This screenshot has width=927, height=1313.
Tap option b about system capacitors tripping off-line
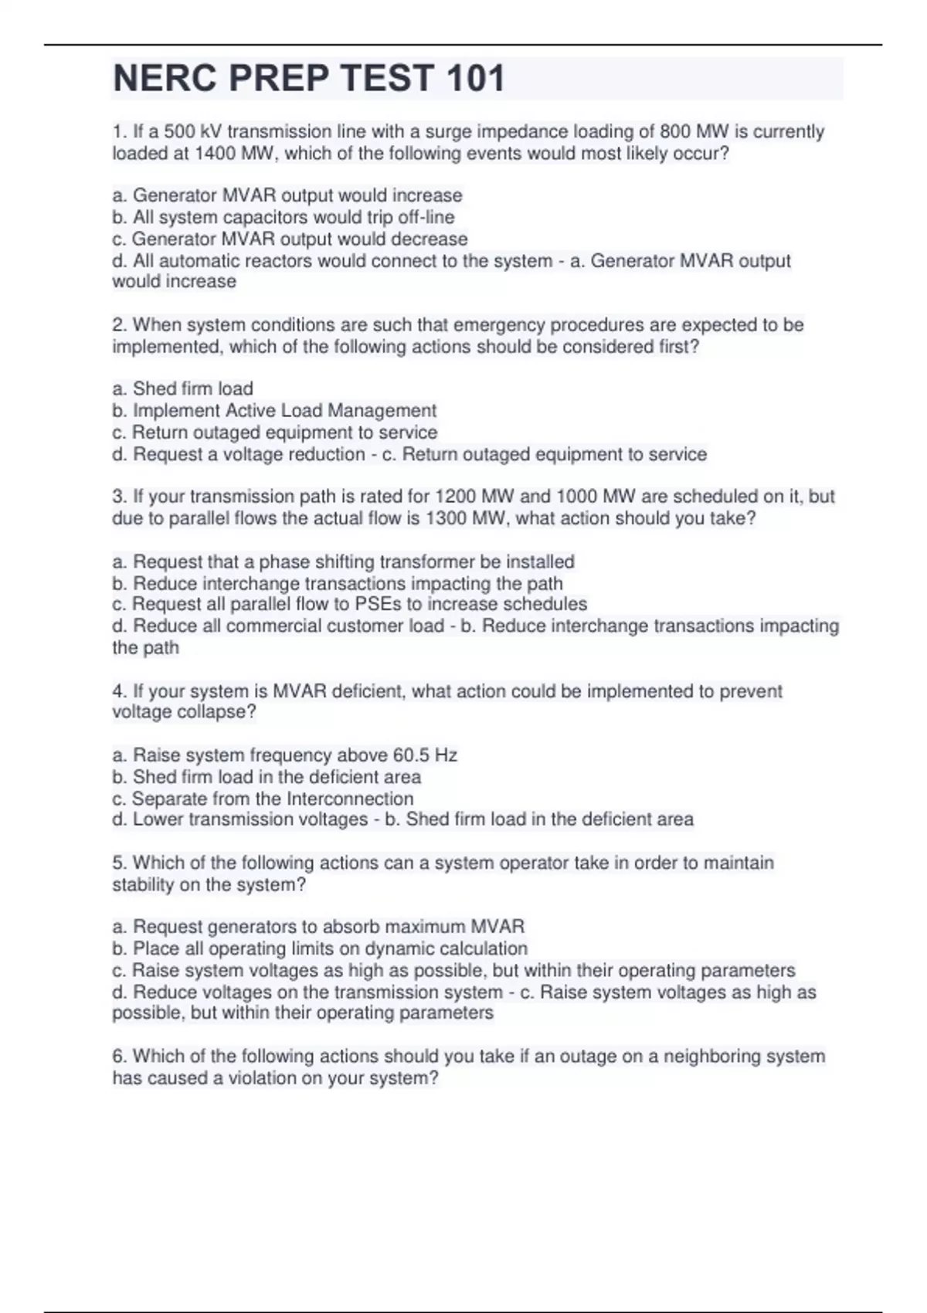point(284,217)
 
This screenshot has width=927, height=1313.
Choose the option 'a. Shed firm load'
point(183,388)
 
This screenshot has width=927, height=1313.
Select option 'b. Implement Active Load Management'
point(274,410)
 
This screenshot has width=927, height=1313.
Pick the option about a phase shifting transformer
point(344,562)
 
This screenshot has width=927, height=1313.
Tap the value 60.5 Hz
point(425,755)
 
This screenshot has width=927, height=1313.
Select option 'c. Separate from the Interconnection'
point(263,799)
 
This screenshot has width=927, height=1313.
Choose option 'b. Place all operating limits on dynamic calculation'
point(320,948)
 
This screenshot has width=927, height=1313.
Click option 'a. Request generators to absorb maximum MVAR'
point(318,927)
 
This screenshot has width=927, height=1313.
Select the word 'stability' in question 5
point(143,885)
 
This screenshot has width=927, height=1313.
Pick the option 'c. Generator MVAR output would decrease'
point(290,239)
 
